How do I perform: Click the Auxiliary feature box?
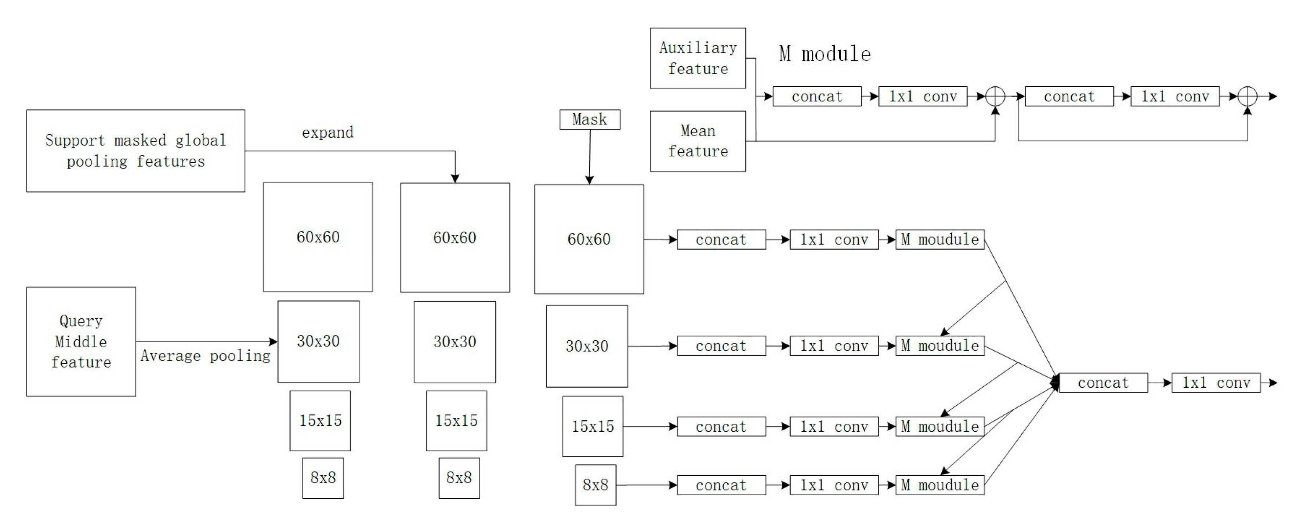coord(698,58)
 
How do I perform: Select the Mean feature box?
coord(698,141)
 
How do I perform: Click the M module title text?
coord(825,54)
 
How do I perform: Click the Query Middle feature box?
coord(81,341)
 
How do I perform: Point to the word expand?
coord(327,132)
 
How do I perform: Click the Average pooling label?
coord(205,356)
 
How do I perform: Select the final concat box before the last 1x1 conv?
coord(1103,383)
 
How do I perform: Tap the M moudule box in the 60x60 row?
coord(940,239)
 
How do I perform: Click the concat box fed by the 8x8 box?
coord(721,485)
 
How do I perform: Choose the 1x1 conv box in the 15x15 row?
coord(834,427)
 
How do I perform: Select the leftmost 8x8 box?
coord(323,478)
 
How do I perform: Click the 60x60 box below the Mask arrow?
coord(589,239)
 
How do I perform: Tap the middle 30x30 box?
coord(455,342)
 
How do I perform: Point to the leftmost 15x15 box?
coord(320,420)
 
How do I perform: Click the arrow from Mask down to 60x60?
coord(590,156)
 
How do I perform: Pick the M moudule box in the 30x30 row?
coord(940,346)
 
